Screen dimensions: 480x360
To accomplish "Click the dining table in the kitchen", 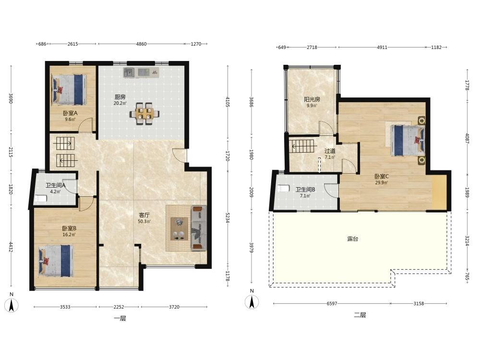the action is click(144, 114).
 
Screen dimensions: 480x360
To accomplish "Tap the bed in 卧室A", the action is click(69, 90).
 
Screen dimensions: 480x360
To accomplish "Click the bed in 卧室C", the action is click(408, 140).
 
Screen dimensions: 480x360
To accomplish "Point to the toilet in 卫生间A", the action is click(40, 199).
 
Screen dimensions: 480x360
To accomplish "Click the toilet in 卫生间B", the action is click(284, 188).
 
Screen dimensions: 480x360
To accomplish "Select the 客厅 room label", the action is click(144, 215).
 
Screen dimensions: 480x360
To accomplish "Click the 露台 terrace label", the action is click(353, 239).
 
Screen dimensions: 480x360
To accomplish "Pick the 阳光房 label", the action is click(312, 99).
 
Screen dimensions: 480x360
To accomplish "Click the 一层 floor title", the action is click(120, 318).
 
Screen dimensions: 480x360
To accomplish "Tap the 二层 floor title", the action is click(360, 315).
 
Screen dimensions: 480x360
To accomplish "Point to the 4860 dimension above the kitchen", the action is click(141, 44).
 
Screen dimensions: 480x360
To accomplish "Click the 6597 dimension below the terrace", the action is click(332, 304).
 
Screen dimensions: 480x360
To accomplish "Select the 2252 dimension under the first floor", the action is click(119, 307).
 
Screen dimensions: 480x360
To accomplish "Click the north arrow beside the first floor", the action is click(12, 305).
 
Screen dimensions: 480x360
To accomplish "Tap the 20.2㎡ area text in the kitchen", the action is click(120, 104).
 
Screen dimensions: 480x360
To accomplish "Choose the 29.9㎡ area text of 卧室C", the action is click(382, 183).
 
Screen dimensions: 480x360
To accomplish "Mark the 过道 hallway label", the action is click(330, 151).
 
